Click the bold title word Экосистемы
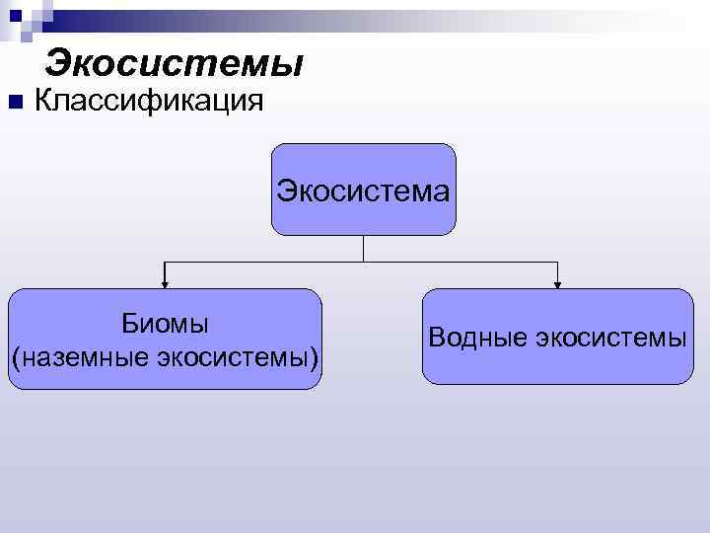(174, 63)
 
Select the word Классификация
(148, 101)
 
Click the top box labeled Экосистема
(364, 189)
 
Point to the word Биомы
(165, 324)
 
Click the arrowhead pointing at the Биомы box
(165, 284)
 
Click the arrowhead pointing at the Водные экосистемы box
(558, 284)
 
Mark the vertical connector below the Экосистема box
(364, 248)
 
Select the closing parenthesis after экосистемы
(315, 355)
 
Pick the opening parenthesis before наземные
(15, 355)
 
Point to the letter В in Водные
(436, 338)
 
